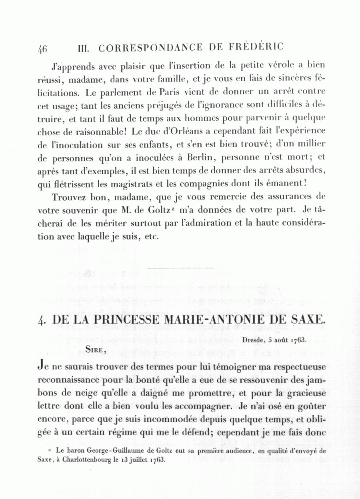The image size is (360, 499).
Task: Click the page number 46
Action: tap(42, 49)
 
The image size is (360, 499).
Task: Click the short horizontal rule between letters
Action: tap(181, 267)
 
